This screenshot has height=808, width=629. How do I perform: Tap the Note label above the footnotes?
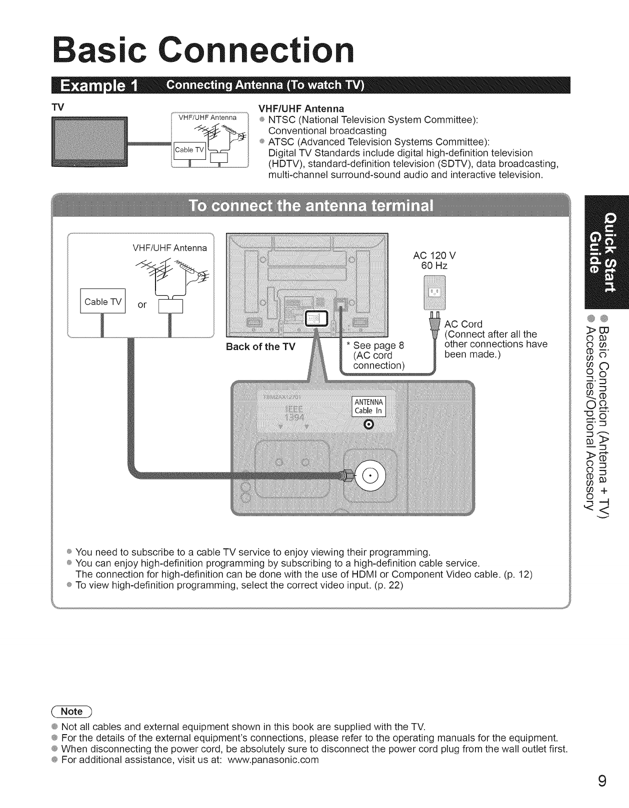tap(72, 712)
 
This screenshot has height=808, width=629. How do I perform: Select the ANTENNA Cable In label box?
tap(368, 407)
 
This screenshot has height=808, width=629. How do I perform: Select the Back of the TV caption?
tap(260, 347)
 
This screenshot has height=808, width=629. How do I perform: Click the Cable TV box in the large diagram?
tap(103, 302)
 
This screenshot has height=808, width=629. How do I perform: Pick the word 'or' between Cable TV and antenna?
tap(142, 305)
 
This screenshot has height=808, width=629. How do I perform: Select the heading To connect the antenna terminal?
tap(310, 206)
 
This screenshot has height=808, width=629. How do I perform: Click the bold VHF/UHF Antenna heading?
tap(301, 108)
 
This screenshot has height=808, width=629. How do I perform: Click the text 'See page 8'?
tap(378, 345)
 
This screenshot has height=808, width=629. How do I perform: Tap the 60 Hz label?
tap(434, 265)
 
